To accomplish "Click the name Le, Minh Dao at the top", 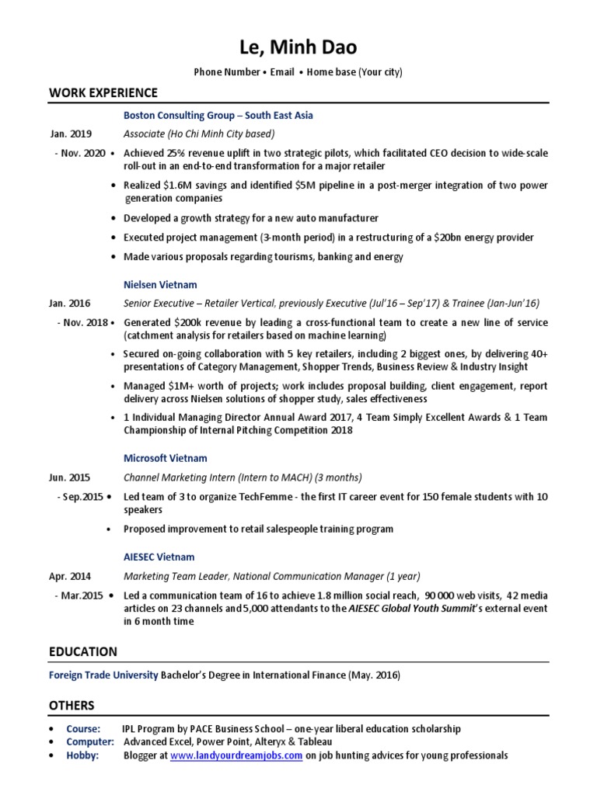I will pos(298,47).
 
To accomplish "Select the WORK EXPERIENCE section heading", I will pos(103,93).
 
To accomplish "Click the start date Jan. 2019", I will pos(71,134).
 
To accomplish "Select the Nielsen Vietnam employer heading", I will pos(160,284).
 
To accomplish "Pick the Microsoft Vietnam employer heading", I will pos(166,458).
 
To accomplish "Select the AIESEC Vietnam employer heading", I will pos(159,557).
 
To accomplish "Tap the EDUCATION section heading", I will pos(83,651).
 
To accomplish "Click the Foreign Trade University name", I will pos(103,675).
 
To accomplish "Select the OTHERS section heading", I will pos(72,705).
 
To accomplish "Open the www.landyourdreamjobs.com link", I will pos(236,755).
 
